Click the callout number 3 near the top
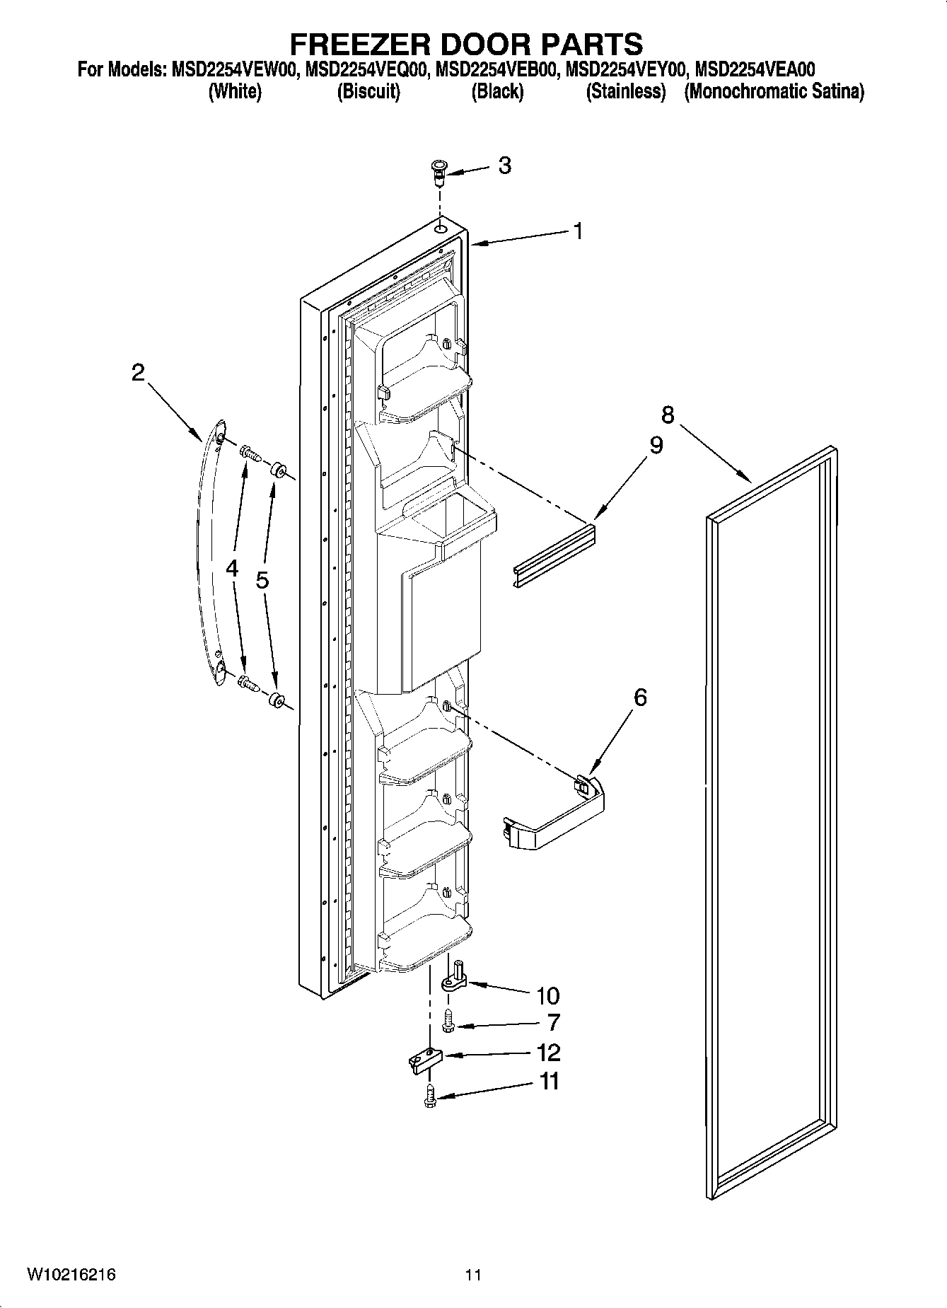pyautogui.click(x=504, y=166)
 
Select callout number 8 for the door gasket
pyautogui.click(x=668, y=415)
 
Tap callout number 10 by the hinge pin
pyautogui.click(x=547, y=995)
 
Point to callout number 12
pyautogui.click(x=548, y=1053)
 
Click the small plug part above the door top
pyautogui.click(x=438, y=170)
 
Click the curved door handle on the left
pyautogui.click(x=209, y=552)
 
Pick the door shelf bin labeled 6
pyautogui.click(x=555, y=814)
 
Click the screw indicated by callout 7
pyautogui.click(x=447, y=1019)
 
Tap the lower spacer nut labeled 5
pyautogui.click(x=277, y=700)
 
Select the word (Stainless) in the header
pyautogui.click(x=625, y=92)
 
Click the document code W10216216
pyautogui.click(x=71, y=1275)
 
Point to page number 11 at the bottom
pyautogui.click(x=473, y=1275)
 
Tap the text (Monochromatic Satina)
pyautogui.click(x=774, y=92)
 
